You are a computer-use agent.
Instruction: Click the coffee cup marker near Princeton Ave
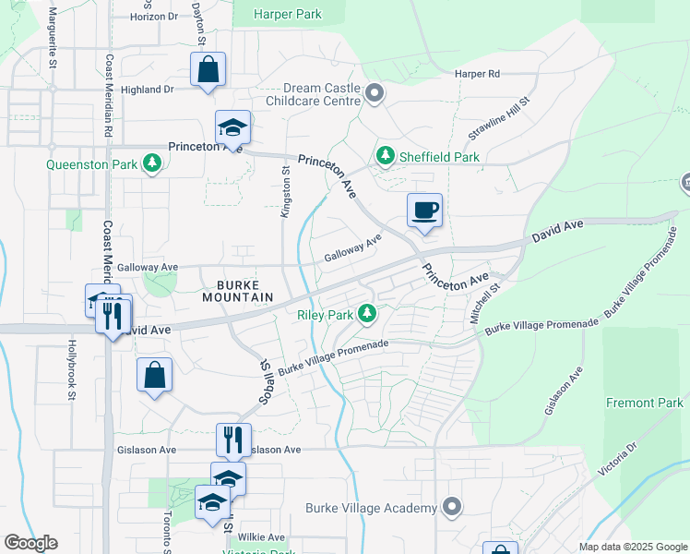tap(424, 211)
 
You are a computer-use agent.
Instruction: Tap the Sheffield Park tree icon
tap(385, 157)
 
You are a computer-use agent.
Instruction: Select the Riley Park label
tap(326, 315)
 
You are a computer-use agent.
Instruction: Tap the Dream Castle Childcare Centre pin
tap(375, 92)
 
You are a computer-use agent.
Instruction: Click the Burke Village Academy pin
tap(451, 508)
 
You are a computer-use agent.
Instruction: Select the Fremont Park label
tap(645, 403)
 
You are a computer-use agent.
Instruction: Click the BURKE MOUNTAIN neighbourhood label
tap(245, 291)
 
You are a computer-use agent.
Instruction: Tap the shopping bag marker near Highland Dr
tap(208, 69)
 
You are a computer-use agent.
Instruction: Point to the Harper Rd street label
tap(477, 74)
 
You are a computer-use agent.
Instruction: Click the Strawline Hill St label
tap(499, 120)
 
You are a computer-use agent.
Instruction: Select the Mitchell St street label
tap(483, 303)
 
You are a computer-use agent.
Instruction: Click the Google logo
tap(30, 543)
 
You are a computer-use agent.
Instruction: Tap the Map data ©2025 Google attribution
tap(632, 547)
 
